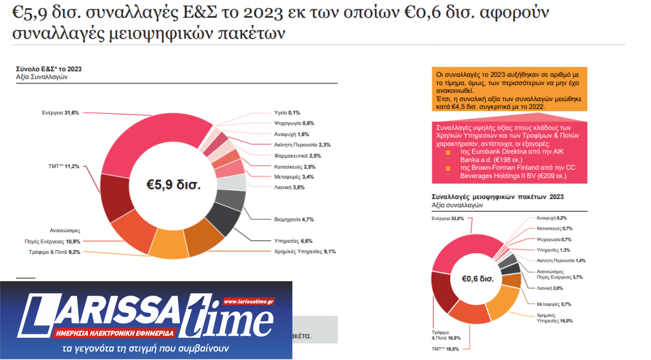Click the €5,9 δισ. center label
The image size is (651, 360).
tap(173, 186)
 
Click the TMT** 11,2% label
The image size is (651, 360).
tap(64, 167)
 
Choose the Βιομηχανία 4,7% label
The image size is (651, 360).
tap(289, 219)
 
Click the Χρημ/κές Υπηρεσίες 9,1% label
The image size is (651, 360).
tap(302, 251)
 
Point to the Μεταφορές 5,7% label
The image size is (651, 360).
tap(548, 304)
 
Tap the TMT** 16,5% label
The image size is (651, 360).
tap(445, 349)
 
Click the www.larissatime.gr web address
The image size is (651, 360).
tap(249, 301)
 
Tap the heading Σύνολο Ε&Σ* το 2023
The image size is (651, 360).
tap(48, 68)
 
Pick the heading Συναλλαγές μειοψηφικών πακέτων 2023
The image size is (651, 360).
tap(497, 197)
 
